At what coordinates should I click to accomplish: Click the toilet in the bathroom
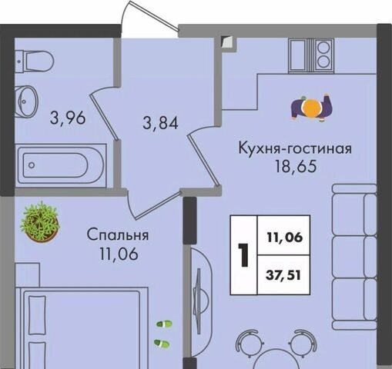click(34, 61)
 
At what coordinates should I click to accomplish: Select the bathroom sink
click(26, 101)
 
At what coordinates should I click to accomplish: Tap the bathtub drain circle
click(32, 165)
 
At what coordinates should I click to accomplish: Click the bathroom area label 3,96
click(68, 118)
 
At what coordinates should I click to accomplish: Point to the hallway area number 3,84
click(160, 123)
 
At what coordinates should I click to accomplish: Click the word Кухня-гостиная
click(295, 148)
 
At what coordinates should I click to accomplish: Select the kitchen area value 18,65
click(296, 166)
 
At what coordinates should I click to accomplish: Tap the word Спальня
click(118, 234)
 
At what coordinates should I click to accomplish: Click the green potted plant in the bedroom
click(40, 222)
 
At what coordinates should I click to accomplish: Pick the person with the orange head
click(311, 108)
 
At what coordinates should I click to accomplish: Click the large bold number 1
click(243, 255)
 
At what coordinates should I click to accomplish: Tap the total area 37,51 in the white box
click(283, 276)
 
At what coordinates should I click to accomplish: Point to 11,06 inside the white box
click(285, 238)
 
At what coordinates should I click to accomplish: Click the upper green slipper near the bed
click(164, 324)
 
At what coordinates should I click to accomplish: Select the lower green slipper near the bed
click(162, 344)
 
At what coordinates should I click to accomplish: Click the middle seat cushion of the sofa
click(354, 257)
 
